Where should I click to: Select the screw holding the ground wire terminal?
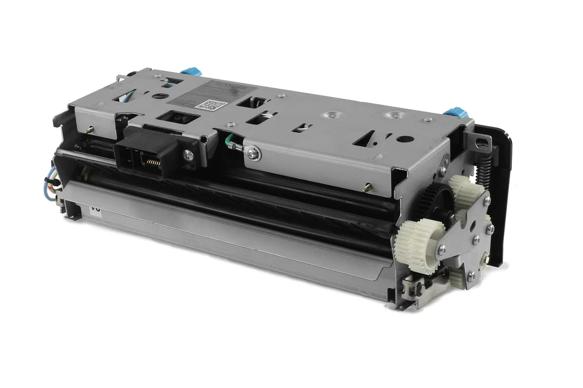point(253,155)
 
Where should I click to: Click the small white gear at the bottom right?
point(462,276)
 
